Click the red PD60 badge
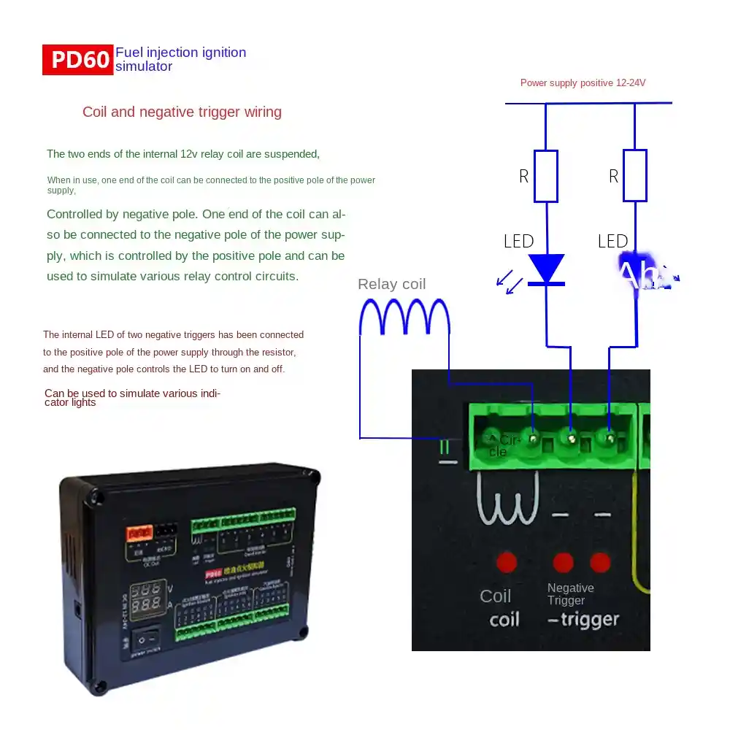pos(78,60)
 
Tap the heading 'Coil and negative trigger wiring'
pos(182,112)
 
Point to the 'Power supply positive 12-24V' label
pos(583,83)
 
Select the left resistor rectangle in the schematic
pos(546,176)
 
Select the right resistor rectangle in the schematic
pos(634,175)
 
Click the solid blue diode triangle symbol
pos(546,268)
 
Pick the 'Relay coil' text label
pos(391,284)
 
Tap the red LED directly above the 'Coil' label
pos(506,562)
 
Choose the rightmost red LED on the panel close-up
pos(600,562)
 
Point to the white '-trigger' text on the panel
pos(583,620)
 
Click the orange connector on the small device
pos(139,533)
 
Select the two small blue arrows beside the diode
pos(509,282)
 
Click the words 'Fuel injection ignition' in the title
pos(180,53)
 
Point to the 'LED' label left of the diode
pos(518,241)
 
